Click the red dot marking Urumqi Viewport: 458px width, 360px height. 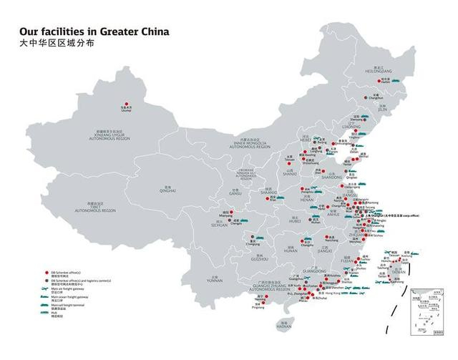(x=127, y=103)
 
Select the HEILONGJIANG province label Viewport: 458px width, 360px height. (x=379, y=72)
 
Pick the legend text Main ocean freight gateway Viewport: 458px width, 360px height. (x=69, y=296)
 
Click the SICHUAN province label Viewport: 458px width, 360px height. (x=219, y=225)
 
